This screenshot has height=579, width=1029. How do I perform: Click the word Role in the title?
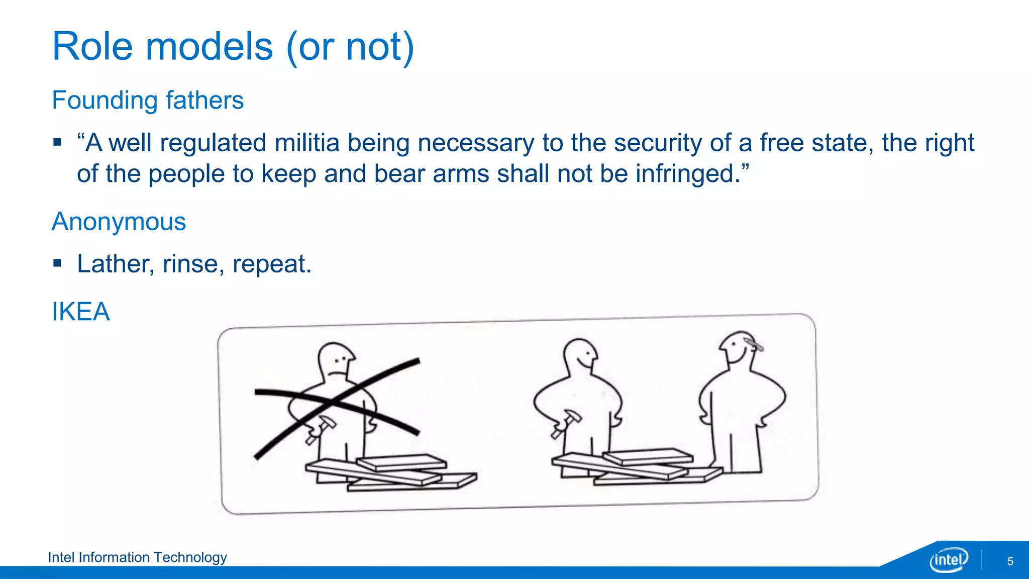click(92, 47)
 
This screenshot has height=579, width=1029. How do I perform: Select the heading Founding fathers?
click(148, 101)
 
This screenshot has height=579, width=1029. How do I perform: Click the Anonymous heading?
click(119, 222)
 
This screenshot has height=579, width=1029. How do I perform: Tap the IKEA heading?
click(81, 312)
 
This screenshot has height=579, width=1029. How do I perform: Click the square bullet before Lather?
click(57, 263)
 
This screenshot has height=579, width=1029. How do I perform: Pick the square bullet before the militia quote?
click(57, 142)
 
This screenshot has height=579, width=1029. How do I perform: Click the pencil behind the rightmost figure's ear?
click(754, 345)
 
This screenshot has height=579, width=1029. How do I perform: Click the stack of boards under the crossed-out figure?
click(392, 472)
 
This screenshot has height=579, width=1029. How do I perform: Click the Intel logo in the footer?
click(949, 559)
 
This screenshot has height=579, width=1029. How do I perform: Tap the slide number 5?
click(1010, 561)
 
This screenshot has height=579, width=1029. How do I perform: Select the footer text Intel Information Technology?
click(137, 557)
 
